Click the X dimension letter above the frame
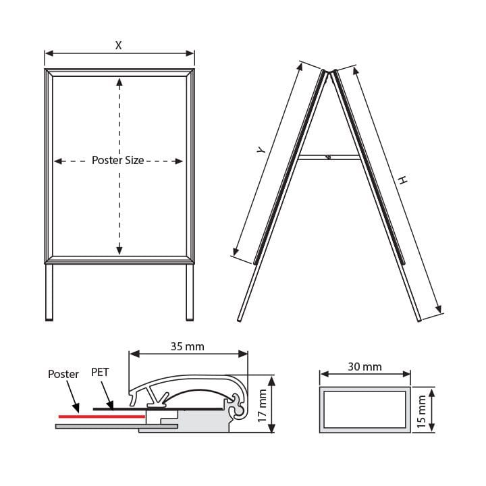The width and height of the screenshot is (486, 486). click(x=118, y=46)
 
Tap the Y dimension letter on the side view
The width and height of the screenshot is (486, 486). click(x=262, y=150)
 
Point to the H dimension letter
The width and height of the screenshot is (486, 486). click(x=403, y=180)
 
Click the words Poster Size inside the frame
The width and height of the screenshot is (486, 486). click(x=117, y=160)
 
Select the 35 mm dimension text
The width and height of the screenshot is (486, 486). click(x=188, y=346)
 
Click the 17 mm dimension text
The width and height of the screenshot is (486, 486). click(x=262, y=406)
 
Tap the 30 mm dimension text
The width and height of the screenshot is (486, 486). click(x=364, y=367)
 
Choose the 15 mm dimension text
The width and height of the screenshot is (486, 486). click(x=421, y=412)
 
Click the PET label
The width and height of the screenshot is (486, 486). click(x=100, y=372)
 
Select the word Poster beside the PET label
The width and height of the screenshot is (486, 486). click(x=63, y=374)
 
